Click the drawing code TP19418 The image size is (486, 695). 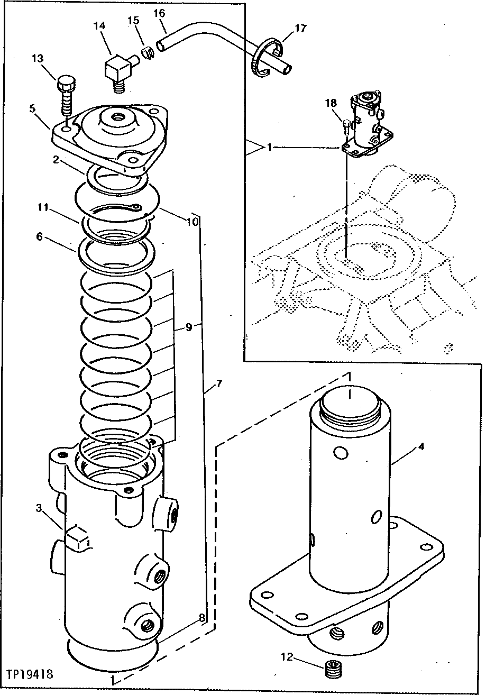click(30, 675)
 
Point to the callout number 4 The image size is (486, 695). click(420, 446)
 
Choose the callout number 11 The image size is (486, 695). click(43, 208)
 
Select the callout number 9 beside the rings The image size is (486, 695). click(188, 327)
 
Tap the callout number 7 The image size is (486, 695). click(219, 383)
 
